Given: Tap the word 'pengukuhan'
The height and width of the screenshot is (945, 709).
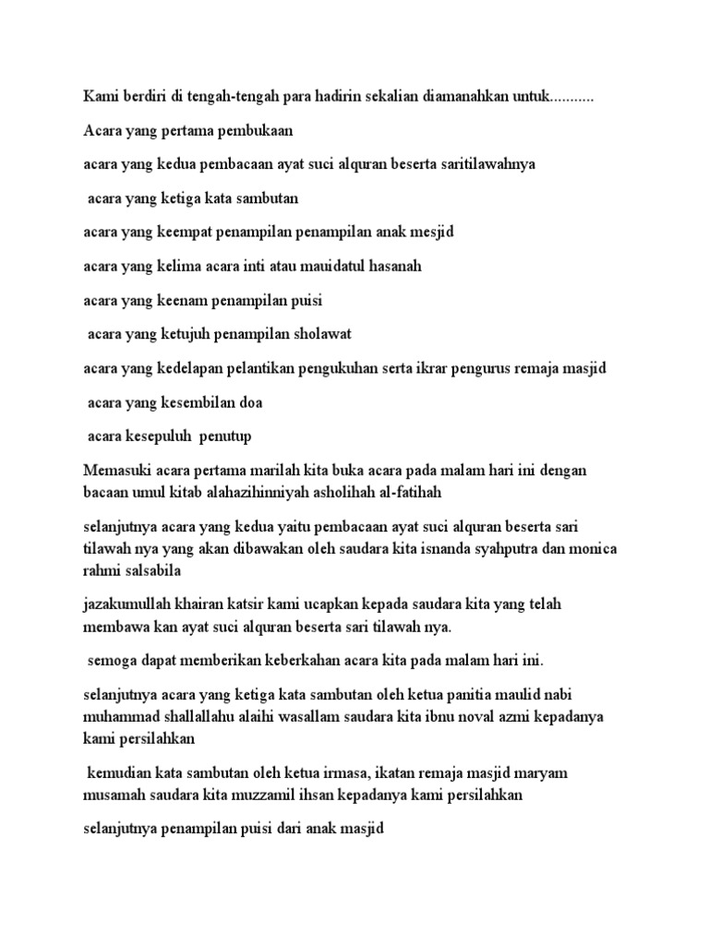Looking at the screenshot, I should tap(354, 368).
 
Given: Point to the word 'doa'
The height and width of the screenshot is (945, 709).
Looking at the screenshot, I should tap(247, 402).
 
